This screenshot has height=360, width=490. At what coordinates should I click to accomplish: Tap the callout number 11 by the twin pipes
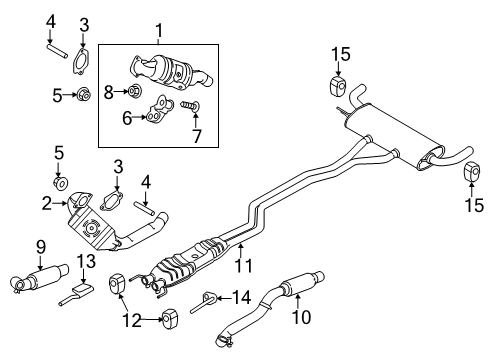tap(241, 265)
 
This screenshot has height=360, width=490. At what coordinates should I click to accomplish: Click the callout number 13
tap(85, 262)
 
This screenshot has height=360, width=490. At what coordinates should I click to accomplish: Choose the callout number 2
tap(47, 206)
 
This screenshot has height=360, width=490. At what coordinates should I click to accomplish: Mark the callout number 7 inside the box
tap(196, 134)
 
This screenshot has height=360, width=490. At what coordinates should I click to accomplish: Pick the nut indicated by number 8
tap(136, 93)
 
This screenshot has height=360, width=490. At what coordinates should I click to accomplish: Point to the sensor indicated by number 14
tap(208, 297)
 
